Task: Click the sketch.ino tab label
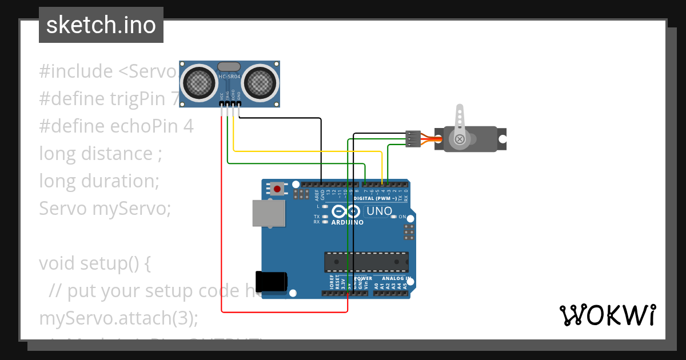[x=101, y=25]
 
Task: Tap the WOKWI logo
[x=607, y=315]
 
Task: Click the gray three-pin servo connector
[x=413, y=139]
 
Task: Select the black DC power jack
[x=272, y=282]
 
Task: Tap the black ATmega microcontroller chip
[x=366, y=261]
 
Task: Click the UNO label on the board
[x=379, y=211]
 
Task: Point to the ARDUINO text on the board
[x=347, y=222]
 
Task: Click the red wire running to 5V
[x=221, y=229]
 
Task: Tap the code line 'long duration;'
[x=99, y=181]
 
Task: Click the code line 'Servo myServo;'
[x=105, y=209]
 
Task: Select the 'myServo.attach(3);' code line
[x=118, y=318]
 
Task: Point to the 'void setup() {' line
[x=94, y=263]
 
